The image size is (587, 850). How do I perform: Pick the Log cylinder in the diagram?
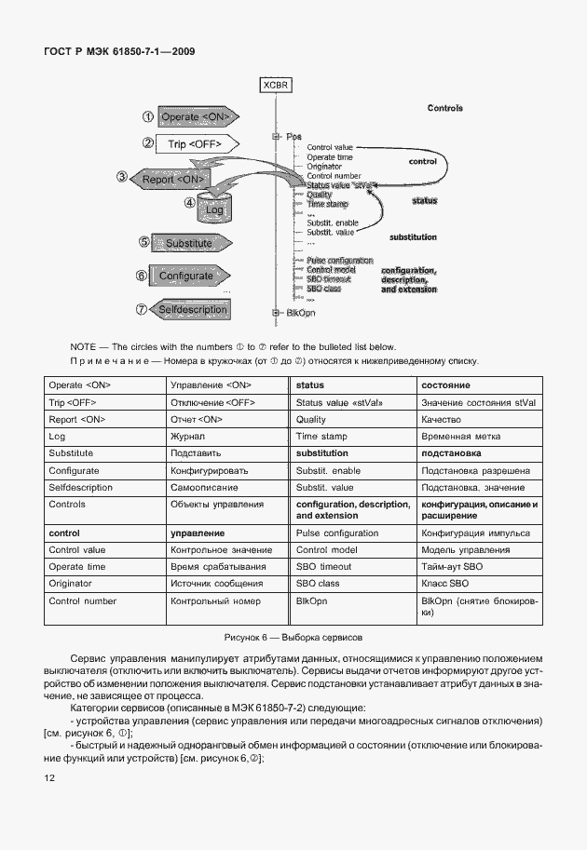point(214,209)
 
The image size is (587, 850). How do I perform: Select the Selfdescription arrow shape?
point(190,309)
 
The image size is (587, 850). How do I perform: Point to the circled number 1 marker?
point(147,116)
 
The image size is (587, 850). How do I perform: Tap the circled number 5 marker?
point(143,242)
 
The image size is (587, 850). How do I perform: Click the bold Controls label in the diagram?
point(445,108)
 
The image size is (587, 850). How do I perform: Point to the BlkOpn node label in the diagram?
point(300,313)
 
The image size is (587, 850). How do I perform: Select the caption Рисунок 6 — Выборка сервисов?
point(293,638)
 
